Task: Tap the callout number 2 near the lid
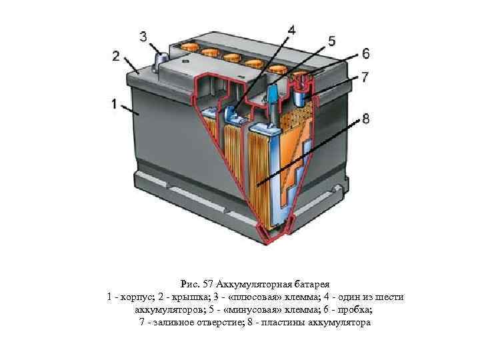coord(117,55)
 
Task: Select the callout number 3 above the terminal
coord(144,35)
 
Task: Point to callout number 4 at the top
coord(293,30)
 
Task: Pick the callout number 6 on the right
coord(366,53)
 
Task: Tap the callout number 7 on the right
coord(365,77)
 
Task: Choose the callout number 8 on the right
coord(365,120)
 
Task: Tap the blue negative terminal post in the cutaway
coord(273,93)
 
